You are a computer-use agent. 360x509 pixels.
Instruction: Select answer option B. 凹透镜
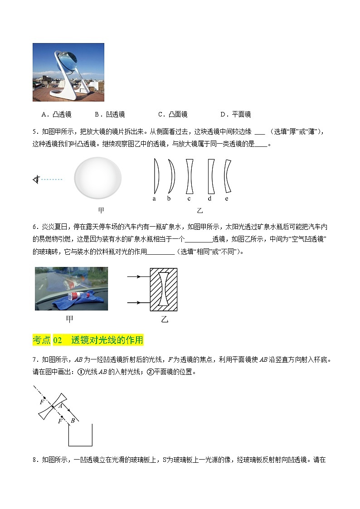click(x=109, y=114)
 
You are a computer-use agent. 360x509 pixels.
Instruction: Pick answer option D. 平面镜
click(x=235, y=114)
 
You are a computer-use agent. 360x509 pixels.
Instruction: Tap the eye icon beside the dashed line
click(x=36, y=180)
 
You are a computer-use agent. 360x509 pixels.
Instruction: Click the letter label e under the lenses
click(x=227, y=199)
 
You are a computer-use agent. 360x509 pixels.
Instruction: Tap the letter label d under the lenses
click(x=209, y=199)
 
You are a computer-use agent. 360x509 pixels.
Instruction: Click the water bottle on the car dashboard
click(x=75, y=297)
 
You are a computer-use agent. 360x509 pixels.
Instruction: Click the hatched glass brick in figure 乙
click(x=164, y=289)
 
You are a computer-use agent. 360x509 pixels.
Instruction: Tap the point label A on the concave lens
click(x=59, y=407)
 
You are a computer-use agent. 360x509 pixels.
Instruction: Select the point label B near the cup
click(x=72, y=421)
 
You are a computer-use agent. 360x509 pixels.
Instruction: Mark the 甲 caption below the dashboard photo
click(x=69, y=319)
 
